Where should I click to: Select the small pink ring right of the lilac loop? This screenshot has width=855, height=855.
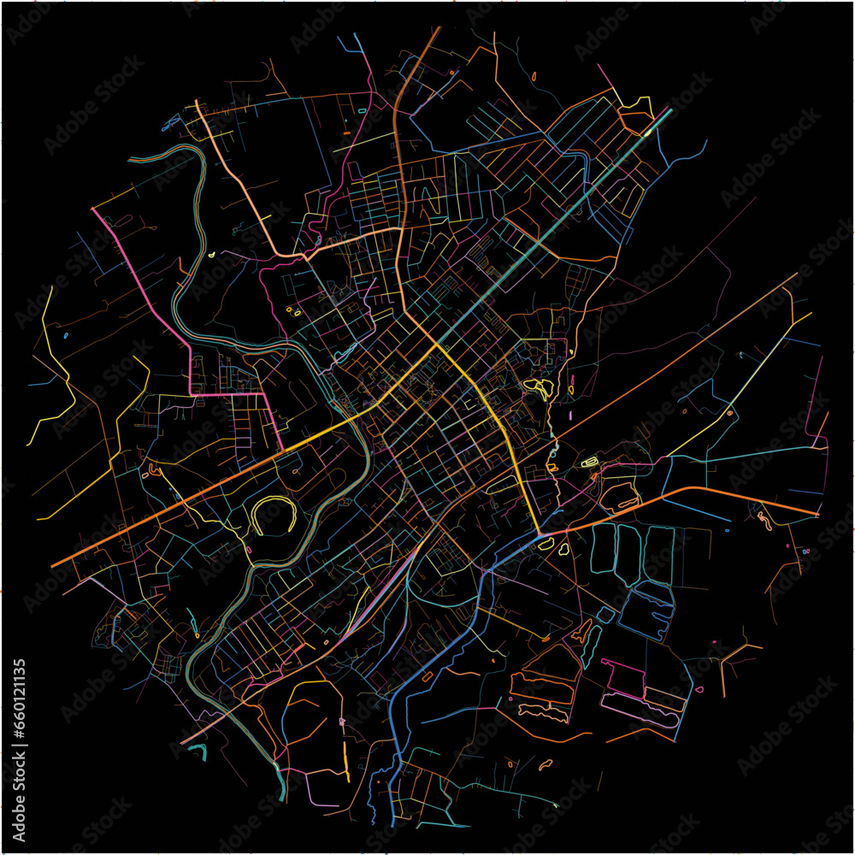point(699,689)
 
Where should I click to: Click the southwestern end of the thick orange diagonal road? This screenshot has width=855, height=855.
point(53,566)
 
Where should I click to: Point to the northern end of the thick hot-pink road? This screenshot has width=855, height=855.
point(93,209)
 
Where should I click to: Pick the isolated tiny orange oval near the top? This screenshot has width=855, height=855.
point(534,77)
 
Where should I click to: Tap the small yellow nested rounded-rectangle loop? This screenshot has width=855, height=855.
point(590,463)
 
